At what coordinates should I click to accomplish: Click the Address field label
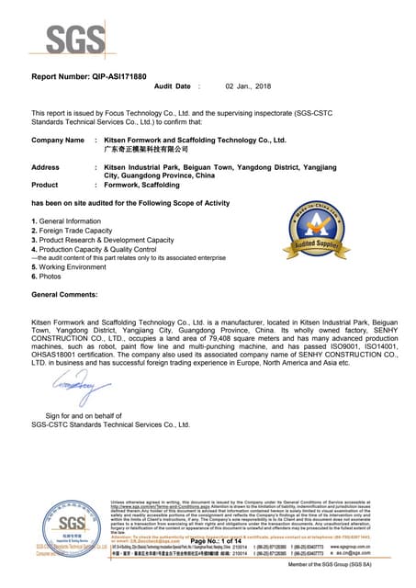(45, 167)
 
